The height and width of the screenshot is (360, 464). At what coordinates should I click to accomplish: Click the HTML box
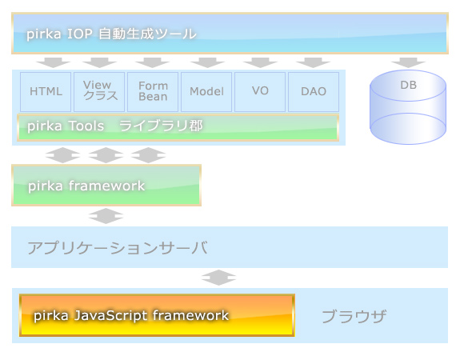coord(46,92)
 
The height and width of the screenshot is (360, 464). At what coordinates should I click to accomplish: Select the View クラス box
coord(99,92)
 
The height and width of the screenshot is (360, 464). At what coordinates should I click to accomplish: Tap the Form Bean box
coord(153,92)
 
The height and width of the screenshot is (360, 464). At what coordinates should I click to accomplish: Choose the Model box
coord(206,92)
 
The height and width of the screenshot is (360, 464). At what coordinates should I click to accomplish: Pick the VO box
coord(260,92)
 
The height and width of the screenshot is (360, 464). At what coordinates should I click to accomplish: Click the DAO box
coord(314,92)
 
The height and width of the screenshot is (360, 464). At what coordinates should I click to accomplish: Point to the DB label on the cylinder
coord(408,85)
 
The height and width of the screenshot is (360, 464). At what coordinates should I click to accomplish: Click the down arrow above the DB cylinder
coord(408,62)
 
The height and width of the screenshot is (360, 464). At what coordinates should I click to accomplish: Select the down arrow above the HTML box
coord(54,62)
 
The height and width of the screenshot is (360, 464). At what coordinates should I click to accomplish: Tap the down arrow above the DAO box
coord(313,62)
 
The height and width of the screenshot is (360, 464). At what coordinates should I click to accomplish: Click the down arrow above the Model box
coord(207,62)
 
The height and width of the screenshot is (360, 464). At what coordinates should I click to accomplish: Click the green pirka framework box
coord(106,185)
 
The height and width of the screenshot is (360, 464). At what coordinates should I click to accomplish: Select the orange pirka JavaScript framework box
coord(157,315)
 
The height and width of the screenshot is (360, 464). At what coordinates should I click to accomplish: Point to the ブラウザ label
coord(354,316)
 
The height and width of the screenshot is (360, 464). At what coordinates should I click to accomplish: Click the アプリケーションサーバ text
coord(118,247)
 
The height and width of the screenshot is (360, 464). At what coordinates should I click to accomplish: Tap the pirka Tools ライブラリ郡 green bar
coord(178,127)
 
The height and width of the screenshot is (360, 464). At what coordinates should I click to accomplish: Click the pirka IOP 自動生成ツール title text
coord(111,34)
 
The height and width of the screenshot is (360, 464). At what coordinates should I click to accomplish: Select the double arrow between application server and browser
coord(218,278)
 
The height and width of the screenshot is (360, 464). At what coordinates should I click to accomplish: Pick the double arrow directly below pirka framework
coord(106,216)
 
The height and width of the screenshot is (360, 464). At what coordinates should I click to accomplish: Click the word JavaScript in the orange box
coord(111,316)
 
